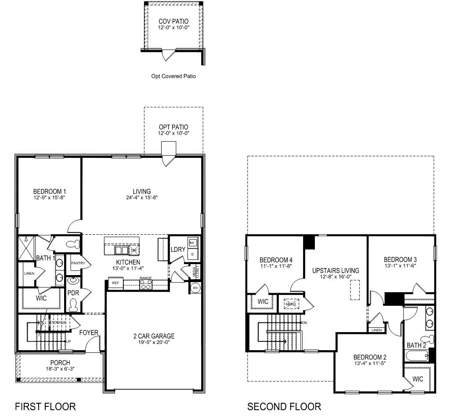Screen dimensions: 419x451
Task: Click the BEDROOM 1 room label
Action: pos(50,191)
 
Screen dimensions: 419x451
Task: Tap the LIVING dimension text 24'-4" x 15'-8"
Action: pos(142,198)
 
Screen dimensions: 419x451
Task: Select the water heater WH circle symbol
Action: pos(195,288)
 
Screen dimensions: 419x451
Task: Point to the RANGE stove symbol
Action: pos(145,285)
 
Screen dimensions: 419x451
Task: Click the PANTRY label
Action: pos(78,263)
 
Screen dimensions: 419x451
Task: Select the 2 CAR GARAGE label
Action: pos(154,336)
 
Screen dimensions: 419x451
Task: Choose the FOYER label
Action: pos(89,333)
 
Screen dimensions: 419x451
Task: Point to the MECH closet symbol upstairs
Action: pos(290,303)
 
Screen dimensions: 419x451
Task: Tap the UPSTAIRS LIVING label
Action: pos(335,270)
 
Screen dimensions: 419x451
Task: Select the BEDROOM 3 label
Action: pos(400,259)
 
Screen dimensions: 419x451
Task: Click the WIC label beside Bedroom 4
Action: pos(263,302)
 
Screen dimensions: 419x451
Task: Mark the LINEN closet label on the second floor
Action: pos(376,330)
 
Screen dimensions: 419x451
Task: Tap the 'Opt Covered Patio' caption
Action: pos(173,76)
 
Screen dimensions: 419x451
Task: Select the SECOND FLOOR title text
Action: pos(284,407)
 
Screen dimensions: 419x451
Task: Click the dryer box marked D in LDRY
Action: pos(192,254)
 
